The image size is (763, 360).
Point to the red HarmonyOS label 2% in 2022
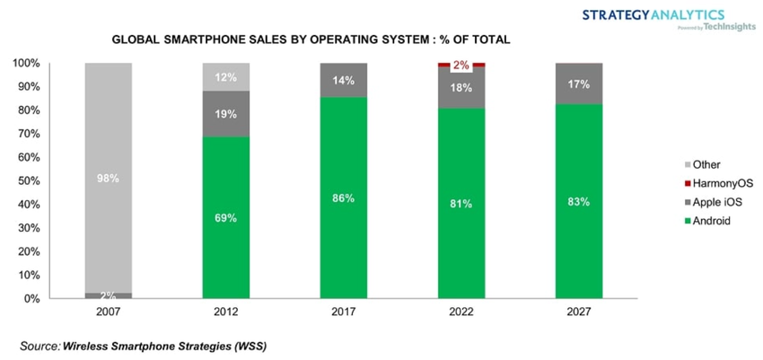461,65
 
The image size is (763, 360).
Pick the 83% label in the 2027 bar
579,201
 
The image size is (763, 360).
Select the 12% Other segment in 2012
226,77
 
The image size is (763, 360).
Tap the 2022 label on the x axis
461,313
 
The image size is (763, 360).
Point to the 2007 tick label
108,313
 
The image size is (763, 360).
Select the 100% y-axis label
23,64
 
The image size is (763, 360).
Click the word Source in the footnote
39,345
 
